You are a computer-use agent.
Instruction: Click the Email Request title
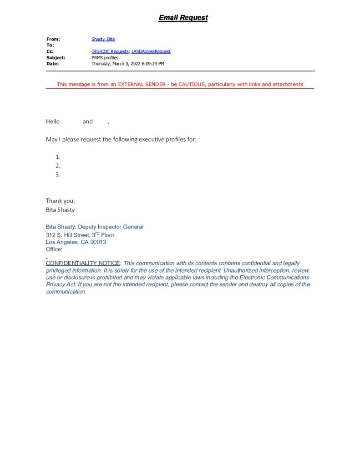click(x=183, y=18)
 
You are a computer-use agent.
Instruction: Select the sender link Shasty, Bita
click(x=103, y=40)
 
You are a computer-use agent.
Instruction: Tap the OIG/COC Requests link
click(x=110, y=51)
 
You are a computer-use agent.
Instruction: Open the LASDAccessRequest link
click(x=151, y=51)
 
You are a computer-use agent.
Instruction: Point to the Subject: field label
click(x=56, y=58)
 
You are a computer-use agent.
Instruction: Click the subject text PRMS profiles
click(x=105, y=58)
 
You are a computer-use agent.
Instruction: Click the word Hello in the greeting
click(x=53, y=122)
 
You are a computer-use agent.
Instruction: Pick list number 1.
click(x=58, y=157)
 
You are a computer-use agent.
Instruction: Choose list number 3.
click(x=58, y=174)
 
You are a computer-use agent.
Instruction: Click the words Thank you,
click(x=61, y=201)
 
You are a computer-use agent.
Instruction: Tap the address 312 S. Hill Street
click(x=73, y=235)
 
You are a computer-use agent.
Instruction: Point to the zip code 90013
click(x=99, y=242)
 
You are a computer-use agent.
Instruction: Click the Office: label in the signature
click(x=54, y=249)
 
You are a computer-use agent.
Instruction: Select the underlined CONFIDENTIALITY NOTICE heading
click(x=83, y=263)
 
